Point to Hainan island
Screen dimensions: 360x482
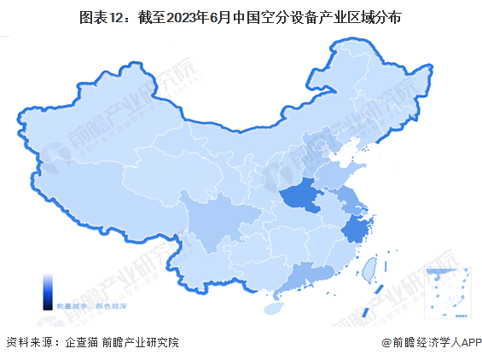(x=275, y=304)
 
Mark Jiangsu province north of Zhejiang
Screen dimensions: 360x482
(x=350, y=201)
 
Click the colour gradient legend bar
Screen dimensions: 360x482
(x=49, y=290)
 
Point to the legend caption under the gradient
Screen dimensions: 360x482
(x=78, y=305)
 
